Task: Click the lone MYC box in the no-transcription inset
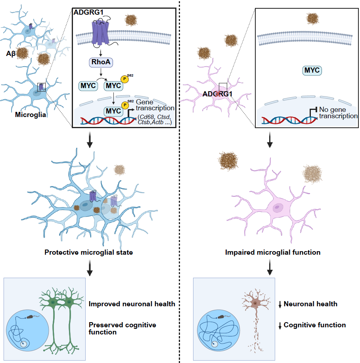coord(312,71)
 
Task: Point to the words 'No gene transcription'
coord(338,113)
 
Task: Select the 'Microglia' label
coord(31,115)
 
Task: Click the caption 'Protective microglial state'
coord(88,252)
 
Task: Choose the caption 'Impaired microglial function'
coord(273,252)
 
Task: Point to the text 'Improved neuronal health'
coord(132,304)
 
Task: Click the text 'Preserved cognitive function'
coord(122,328)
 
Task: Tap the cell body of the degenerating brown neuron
coord(255,303)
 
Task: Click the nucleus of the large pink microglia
coord(279,207)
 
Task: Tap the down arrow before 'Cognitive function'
coord(280,325)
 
